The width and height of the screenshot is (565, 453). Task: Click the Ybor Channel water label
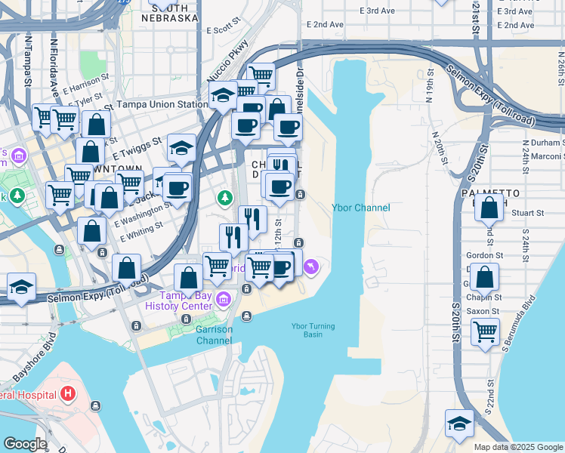coord(361,208)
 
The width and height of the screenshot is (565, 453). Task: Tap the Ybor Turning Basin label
coord(313,331)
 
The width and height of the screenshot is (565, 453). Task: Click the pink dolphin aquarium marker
coord(310,266)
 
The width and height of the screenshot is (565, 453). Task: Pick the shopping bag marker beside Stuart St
coord(489,208)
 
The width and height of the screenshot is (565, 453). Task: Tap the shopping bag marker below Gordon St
coord(487,277)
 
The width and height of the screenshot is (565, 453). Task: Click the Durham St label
coord(543,142)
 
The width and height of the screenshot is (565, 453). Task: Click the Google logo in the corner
coord(25,444)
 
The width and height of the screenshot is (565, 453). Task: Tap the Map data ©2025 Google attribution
coord(517,447)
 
